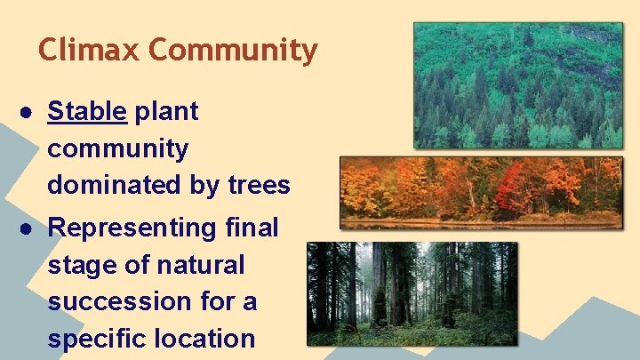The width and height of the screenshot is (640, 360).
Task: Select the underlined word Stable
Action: click(87, 112)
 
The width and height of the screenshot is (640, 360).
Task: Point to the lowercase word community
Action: click(117, 148)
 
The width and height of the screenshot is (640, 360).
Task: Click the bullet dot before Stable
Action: click(29, 113)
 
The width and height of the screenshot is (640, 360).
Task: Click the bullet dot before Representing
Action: click(29, 228)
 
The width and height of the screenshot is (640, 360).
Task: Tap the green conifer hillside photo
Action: click(518, 85)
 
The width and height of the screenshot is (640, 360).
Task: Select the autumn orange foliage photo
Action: click(480, 192)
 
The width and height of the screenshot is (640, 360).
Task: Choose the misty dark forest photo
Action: click(412, 293)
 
